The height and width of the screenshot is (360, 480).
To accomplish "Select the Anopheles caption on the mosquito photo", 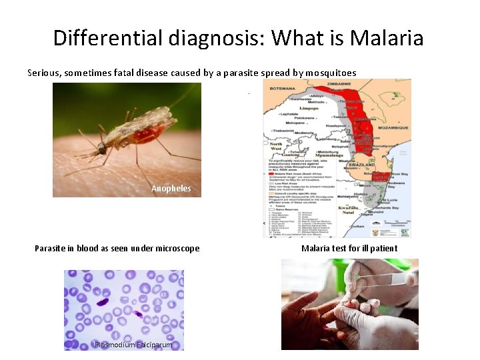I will click(171, 189).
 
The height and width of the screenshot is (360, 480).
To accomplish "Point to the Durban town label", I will click(360, 226).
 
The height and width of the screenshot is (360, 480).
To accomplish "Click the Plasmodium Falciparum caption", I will click(133, 345).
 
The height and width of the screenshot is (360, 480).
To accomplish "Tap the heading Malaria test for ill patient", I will click(349, 249).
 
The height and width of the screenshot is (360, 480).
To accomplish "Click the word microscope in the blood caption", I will click(177, 249).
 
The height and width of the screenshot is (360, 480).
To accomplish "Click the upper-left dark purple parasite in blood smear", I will click(103, 302).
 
